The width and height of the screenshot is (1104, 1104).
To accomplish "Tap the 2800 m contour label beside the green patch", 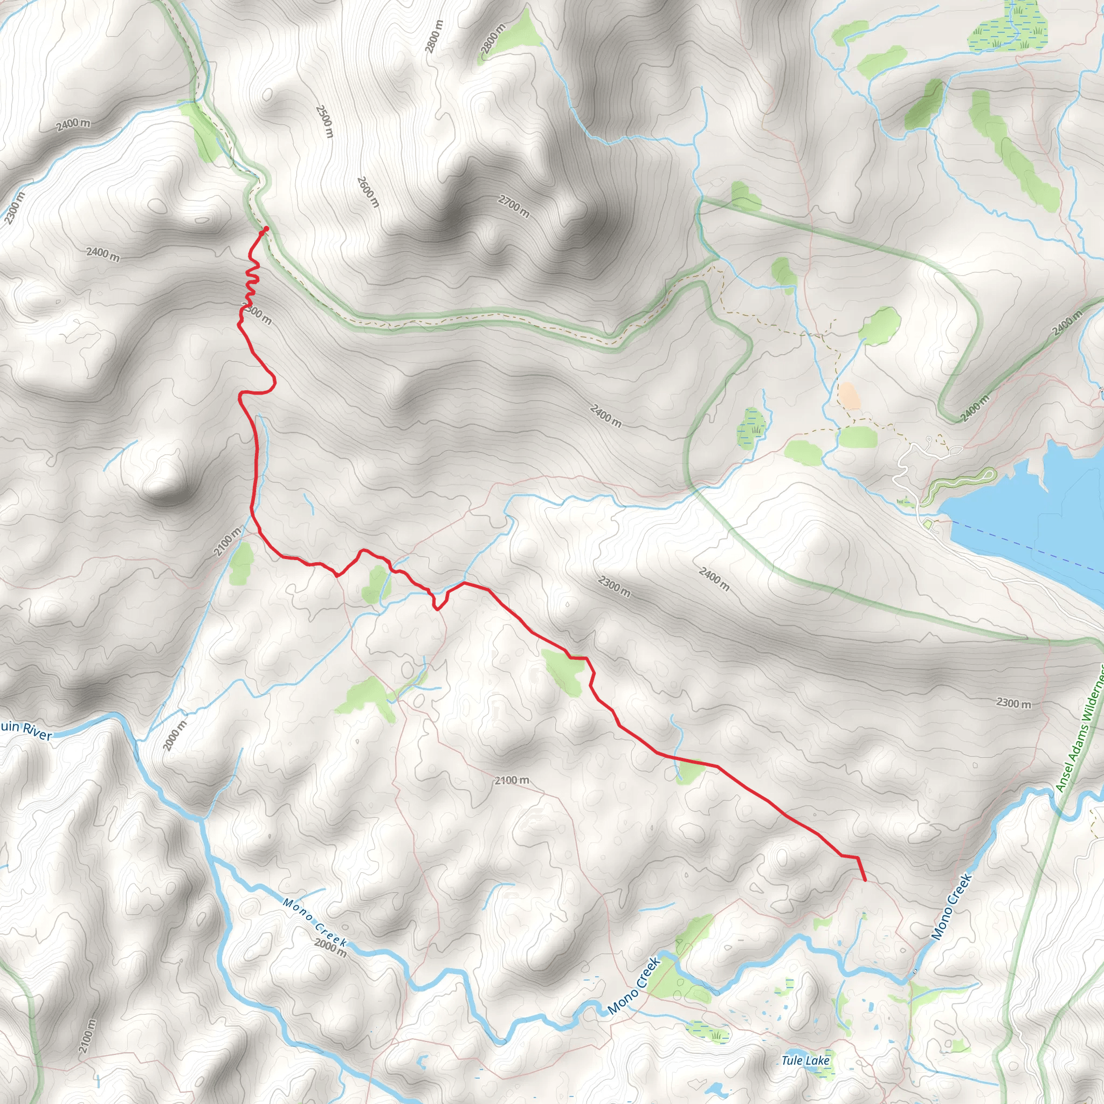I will click(x=493, y=40).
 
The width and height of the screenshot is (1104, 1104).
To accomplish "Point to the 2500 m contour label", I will click(x=324, y=121).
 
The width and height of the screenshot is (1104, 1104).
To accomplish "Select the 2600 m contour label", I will click(x=368, y=192).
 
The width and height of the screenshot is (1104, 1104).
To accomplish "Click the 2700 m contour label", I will click(x=514, y=206).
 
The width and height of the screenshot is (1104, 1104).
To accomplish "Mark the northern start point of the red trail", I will click(x=266, y=229).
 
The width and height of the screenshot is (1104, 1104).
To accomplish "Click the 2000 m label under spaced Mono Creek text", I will click(x=330, y=946).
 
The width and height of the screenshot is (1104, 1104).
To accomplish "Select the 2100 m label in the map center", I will click(x=512, y=780).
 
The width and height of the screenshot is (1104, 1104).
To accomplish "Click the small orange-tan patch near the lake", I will click(x=848, y=396).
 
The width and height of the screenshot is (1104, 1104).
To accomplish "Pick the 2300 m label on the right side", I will click(x=1014, y=703).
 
